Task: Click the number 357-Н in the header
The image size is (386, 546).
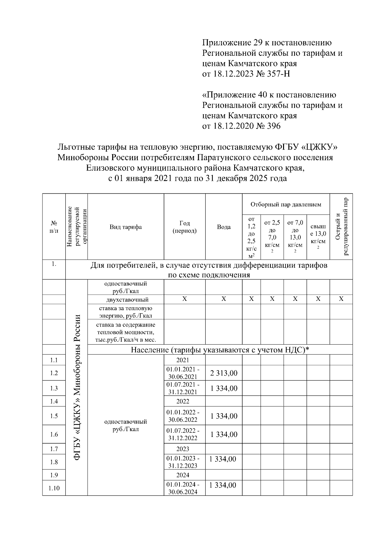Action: tap(279, 74)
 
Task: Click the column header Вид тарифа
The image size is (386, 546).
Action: tap(125, 227)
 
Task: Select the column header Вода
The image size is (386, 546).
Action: tap(224, 227)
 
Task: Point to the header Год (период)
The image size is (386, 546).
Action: tap(184, 227)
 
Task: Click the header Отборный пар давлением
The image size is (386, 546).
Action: tap(286, 204)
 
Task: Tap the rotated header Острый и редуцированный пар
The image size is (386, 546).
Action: tap(341, 227)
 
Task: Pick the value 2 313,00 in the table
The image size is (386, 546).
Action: tap(224, 373)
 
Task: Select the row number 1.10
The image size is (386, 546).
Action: tap(54, 488)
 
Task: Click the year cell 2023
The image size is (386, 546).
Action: tap(183, 449)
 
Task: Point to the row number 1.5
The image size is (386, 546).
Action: tap(54, 416)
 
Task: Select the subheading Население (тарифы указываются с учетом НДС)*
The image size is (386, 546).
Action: tap(220, 350)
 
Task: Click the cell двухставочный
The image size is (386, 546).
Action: tap(125, 300)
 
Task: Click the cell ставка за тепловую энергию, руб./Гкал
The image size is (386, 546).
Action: tap(125, 312)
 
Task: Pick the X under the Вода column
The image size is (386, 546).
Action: tap(224, 299)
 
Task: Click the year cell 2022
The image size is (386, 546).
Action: tap(183, 401)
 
